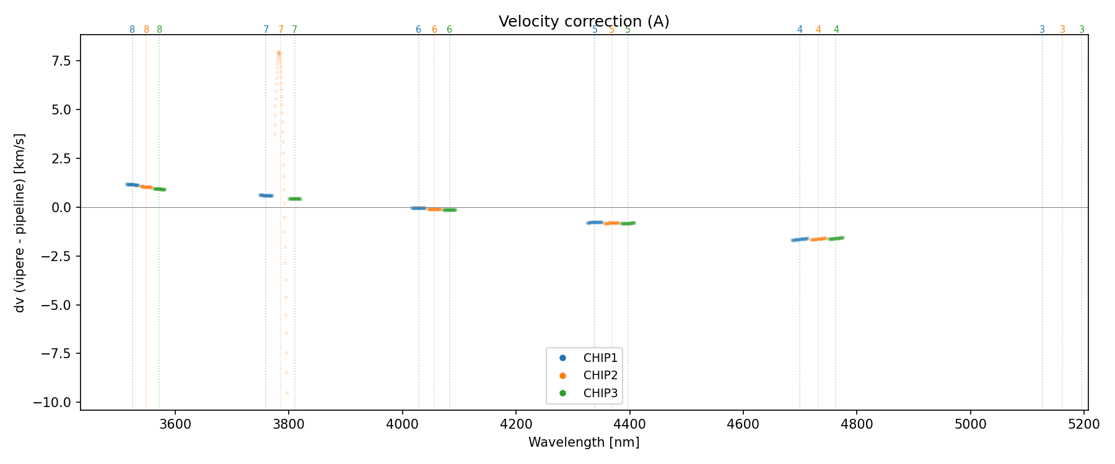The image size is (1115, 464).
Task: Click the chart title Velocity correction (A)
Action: (x=584, y=22)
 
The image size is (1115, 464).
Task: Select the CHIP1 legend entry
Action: (x=600, y=358)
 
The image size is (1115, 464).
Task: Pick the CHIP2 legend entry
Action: (x=600, y=376)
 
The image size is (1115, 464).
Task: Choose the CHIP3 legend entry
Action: (x=600, y=393)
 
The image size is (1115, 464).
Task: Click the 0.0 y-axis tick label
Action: (x=62, y=207)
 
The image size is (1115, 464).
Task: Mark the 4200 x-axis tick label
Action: (x=516, y=424)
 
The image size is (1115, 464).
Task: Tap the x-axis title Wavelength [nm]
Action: (x=584, y=442)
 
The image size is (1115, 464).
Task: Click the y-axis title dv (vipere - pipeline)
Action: (x=20, y=223)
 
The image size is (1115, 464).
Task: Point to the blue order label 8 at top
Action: (x=132, y=30)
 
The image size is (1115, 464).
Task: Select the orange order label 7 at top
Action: (x=281, y=30)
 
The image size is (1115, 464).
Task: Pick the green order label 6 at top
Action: (x=449, y=30)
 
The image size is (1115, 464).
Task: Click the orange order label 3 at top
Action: (x=1062, y=30)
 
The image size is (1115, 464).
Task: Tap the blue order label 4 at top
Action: (x=800, y=30)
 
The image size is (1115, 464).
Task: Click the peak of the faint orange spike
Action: (x=279, y=53)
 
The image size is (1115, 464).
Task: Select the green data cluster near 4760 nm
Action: (x=836, y=238)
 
